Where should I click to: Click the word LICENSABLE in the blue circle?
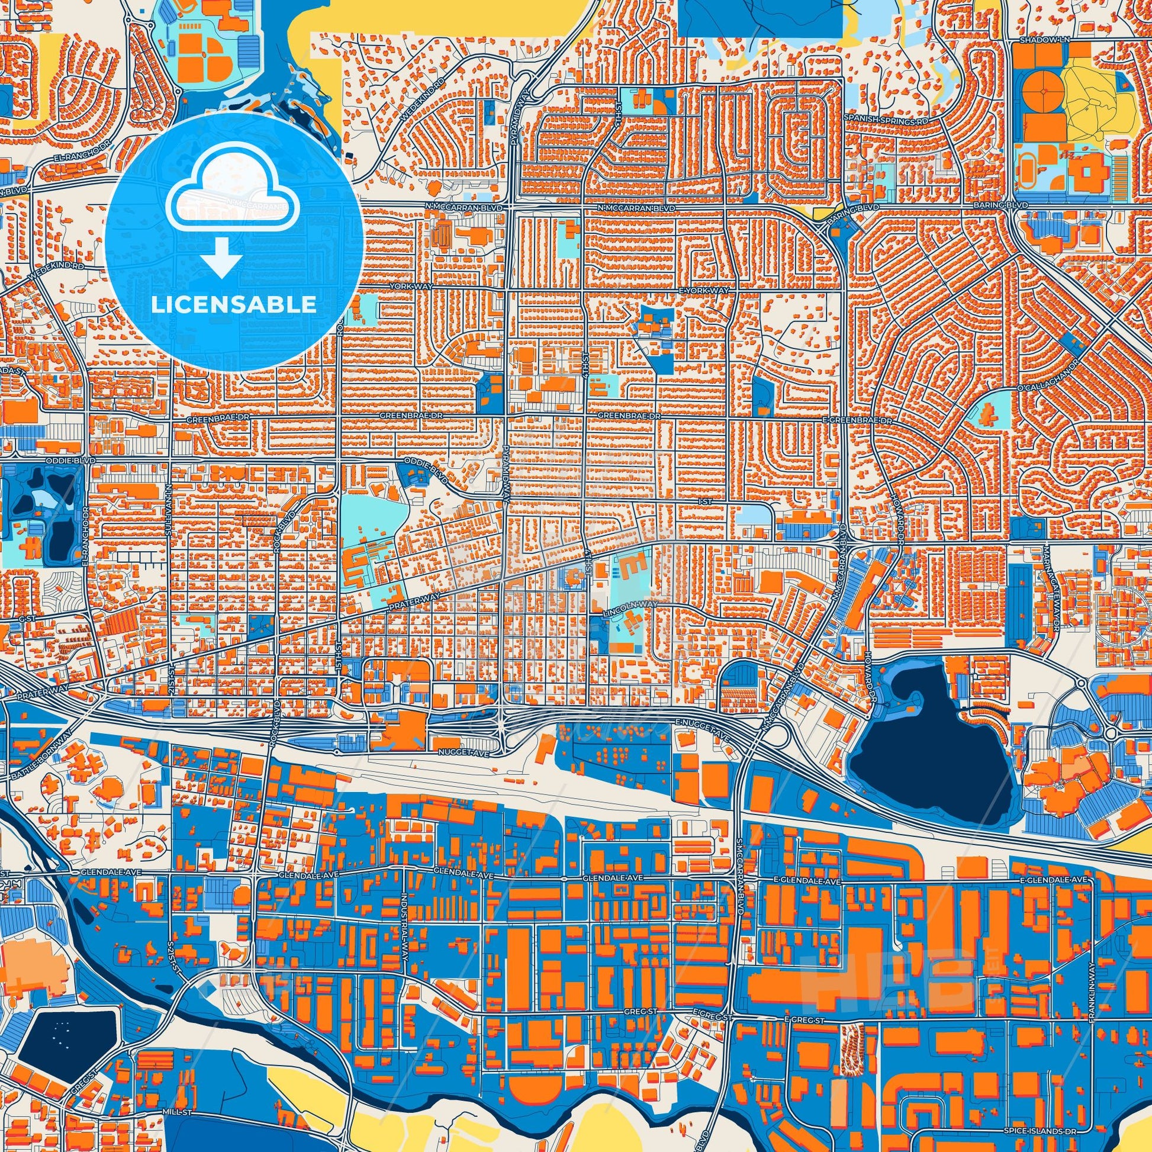(234, 305)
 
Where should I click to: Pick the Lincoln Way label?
(630, 605)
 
